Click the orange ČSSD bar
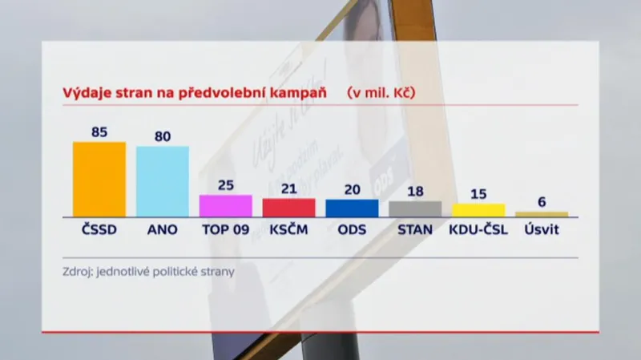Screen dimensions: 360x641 tap(99, 179)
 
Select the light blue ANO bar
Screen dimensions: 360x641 tap(163, 181)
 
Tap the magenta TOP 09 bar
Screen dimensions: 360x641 tap(225, 205)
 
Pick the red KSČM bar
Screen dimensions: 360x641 tap(288, 207)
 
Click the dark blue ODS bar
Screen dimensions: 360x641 tap(352, 208)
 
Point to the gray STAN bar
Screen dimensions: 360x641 tap(415, 208)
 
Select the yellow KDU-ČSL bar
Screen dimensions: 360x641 tap(478, 209)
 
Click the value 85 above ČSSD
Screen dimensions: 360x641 tap(99, 132)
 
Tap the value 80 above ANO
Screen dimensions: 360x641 tap(163, 136)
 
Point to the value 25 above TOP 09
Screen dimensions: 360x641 tap(226, 185)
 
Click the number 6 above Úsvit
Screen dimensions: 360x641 tap(542, 202)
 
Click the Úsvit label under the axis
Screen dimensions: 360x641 tap(542, 229)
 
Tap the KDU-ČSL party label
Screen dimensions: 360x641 tap(479, 229)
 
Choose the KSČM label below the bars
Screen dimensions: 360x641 tap(288, 229)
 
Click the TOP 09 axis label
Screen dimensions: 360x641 tap(225, 229)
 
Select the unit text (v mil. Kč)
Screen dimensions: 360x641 tap(381, 91)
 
